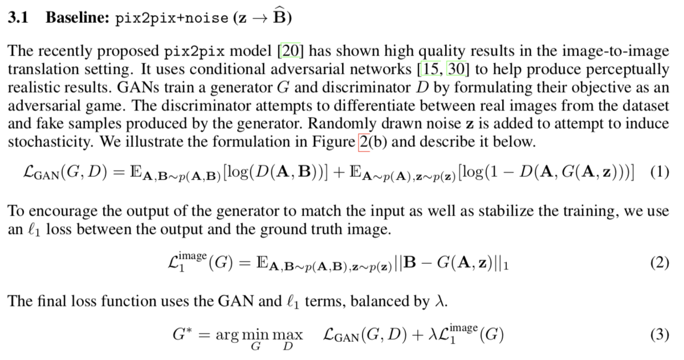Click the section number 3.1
(18, 18)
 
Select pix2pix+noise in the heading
(172, 18)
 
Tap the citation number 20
(290, 51)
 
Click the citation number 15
(430, 69)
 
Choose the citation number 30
(457, 69)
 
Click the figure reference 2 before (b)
(364, 142)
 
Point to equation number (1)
(659, 172)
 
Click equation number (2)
(659, 263)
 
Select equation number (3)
(659, 335)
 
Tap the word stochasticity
(51, 142)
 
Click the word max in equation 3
(287, 336)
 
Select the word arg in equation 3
(227, 336)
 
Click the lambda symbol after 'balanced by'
(439, 301)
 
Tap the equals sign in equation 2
(245, 264)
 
